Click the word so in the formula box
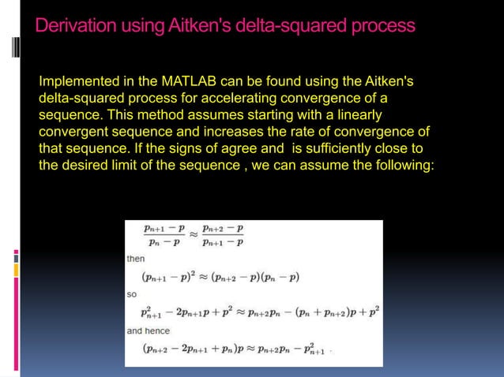131,294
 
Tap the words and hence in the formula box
149,330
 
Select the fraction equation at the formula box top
194,235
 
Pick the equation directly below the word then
220,276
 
